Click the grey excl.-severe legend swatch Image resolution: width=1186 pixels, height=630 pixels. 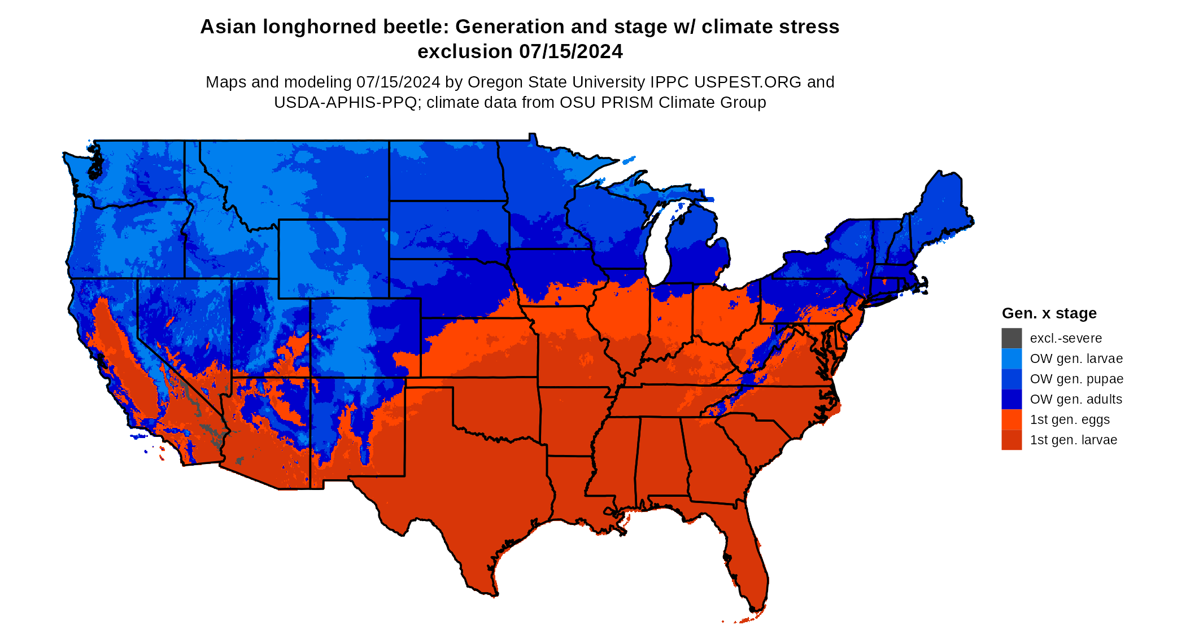tap(1011, 338)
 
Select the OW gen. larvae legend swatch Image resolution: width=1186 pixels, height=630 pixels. tap(1011, 358)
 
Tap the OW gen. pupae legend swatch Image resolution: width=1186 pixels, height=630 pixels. tap(1011, 379)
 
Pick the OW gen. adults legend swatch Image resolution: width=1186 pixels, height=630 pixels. tap(1011, 399)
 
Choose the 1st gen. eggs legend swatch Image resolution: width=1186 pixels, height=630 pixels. tap(1011, 419)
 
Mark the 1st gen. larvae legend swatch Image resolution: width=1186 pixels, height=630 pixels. tap(1011, 440)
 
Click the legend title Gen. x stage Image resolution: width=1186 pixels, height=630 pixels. tap(1049, 313)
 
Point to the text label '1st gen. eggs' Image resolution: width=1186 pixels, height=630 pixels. tap(1070, 419)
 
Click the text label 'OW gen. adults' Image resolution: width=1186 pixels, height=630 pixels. tap(1076, 399)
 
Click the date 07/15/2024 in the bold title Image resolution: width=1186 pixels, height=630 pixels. tap(570, 51)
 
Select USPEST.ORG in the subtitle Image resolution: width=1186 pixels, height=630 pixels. tap(748, 82)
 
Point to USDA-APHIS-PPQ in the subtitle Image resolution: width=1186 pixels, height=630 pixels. tap(345, 102)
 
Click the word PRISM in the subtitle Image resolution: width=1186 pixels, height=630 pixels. tap(628, 102)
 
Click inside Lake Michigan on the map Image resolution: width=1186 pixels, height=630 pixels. tap(657, 248)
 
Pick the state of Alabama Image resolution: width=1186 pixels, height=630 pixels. tap(662, 457)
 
